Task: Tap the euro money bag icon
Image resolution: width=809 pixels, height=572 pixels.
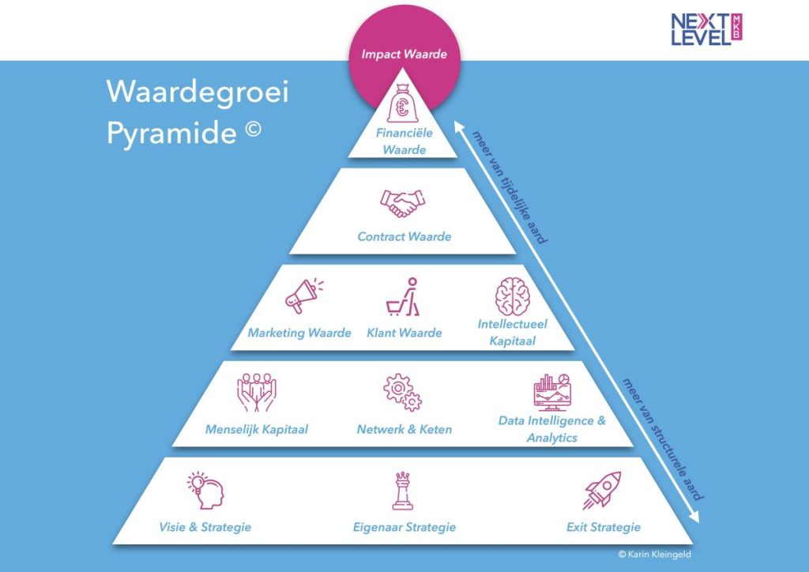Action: [x=404, y=105]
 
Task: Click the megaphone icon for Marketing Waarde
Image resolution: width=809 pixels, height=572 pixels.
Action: [x=304, y=296]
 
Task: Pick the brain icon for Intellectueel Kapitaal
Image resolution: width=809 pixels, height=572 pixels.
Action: [x=512, y=295]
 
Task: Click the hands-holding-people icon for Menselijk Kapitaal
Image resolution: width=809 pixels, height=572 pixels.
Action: [x=256, y=394]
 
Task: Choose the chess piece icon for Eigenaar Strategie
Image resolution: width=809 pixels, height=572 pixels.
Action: [x=403, y=491]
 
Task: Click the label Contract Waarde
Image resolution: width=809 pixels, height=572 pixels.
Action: [x=404, y=236]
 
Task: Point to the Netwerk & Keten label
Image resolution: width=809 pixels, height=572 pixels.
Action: [x=404, y=430]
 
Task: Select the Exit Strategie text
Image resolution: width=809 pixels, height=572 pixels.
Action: [x=604, y=527]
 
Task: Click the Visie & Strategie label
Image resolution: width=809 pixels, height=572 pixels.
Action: [x=205, y=527]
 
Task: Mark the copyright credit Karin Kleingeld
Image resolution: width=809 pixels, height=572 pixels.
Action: [x=654, y=555]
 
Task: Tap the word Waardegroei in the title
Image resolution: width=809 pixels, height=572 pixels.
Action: [x=198, y=92]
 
